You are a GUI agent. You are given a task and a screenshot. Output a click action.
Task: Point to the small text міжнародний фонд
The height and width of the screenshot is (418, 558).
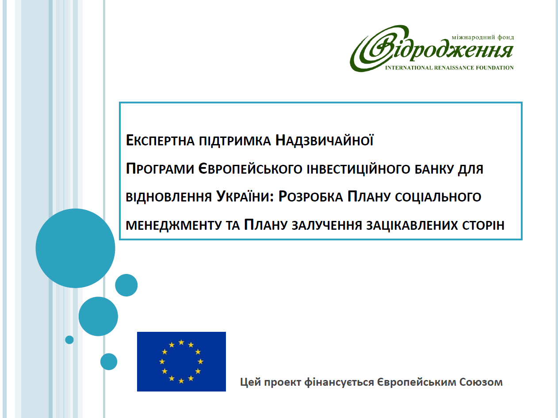coord(483,38)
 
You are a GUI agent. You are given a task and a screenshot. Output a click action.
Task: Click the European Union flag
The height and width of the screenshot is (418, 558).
coord(181,361)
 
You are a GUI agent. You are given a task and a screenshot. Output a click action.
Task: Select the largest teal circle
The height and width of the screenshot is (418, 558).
coord(75,248)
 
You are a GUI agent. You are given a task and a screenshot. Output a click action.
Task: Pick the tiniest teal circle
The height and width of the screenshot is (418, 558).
coord(69,340)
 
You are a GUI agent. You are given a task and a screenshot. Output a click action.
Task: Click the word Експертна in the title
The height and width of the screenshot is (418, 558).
coord(160,141)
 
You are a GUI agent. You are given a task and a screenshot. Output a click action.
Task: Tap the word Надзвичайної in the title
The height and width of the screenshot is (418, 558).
coord(325,140)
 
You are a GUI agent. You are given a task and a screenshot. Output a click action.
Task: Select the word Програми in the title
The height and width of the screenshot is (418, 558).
coord(160,169)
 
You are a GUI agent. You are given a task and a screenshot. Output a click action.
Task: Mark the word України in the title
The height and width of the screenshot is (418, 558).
coord(245,196)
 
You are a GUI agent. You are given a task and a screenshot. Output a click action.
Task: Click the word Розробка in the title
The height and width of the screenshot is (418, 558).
coord(311,197)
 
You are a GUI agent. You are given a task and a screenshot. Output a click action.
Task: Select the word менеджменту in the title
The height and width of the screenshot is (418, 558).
coord(174,225)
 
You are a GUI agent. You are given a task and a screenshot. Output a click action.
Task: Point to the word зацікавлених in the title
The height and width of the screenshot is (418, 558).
coord(412,225)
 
